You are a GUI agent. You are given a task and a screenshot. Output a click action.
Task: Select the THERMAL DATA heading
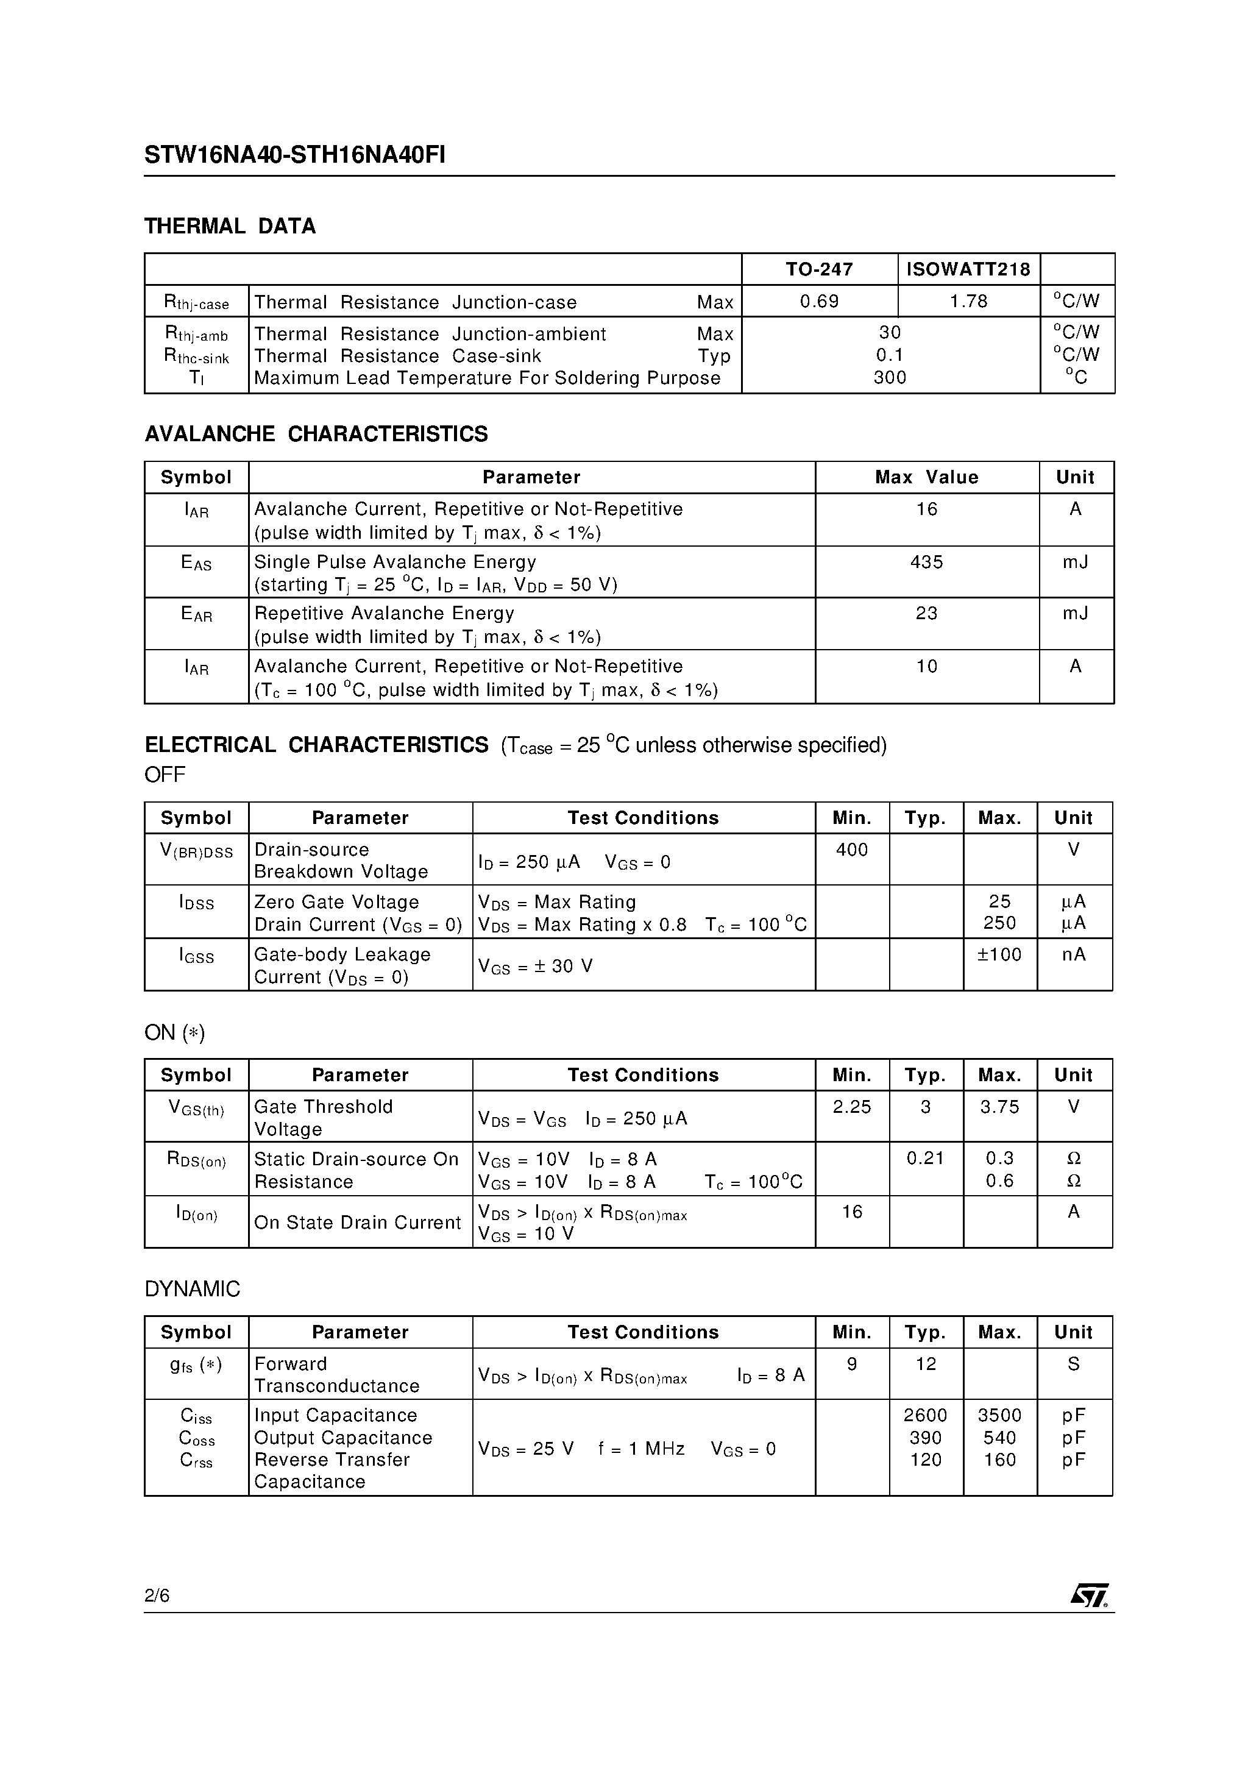pyautogui.click(x=230, y=227)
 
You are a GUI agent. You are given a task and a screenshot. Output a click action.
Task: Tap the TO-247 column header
pyautogui.click(x=819, y=269)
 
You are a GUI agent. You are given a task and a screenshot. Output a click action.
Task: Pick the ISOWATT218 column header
pyautogui.click(x=968, y=269)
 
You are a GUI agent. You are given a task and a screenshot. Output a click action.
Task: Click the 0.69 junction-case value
pyautogui.click(x=819, y=301)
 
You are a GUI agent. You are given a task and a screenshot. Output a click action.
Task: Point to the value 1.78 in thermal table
pyautogui.click(x=968, y=301)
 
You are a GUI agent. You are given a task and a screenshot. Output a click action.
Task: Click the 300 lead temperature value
pyautogui.click(x=890, y=377)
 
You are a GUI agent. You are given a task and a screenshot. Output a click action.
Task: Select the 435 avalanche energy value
pyautogui.click(x=926, y=562)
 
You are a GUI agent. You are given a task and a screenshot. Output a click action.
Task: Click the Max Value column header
pyautogui.click(x=926, y=477)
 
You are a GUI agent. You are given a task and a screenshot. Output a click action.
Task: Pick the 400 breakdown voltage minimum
pyautogui.click(x=851, y=850)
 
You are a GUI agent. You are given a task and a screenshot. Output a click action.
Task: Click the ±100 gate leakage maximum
pyautogui.click(x=999, y=954)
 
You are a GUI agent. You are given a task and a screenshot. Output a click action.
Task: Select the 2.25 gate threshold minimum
pyautogui.click(x=851, y=1107)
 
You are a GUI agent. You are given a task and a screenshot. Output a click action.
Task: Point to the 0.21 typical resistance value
pyautogui.click(x=925, y=1159)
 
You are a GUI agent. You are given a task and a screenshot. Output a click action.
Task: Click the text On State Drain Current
pyautogui.click(x=357, y=1223)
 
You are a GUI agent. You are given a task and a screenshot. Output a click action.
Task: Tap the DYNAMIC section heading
pyautogui.click(x=192, y=1289)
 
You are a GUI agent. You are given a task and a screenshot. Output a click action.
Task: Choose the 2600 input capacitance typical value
pyautogui.click(x=925, y=1415)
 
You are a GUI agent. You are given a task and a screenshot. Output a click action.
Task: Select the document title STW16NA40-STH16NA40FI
pyautogui.click(x=294, y=156)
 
